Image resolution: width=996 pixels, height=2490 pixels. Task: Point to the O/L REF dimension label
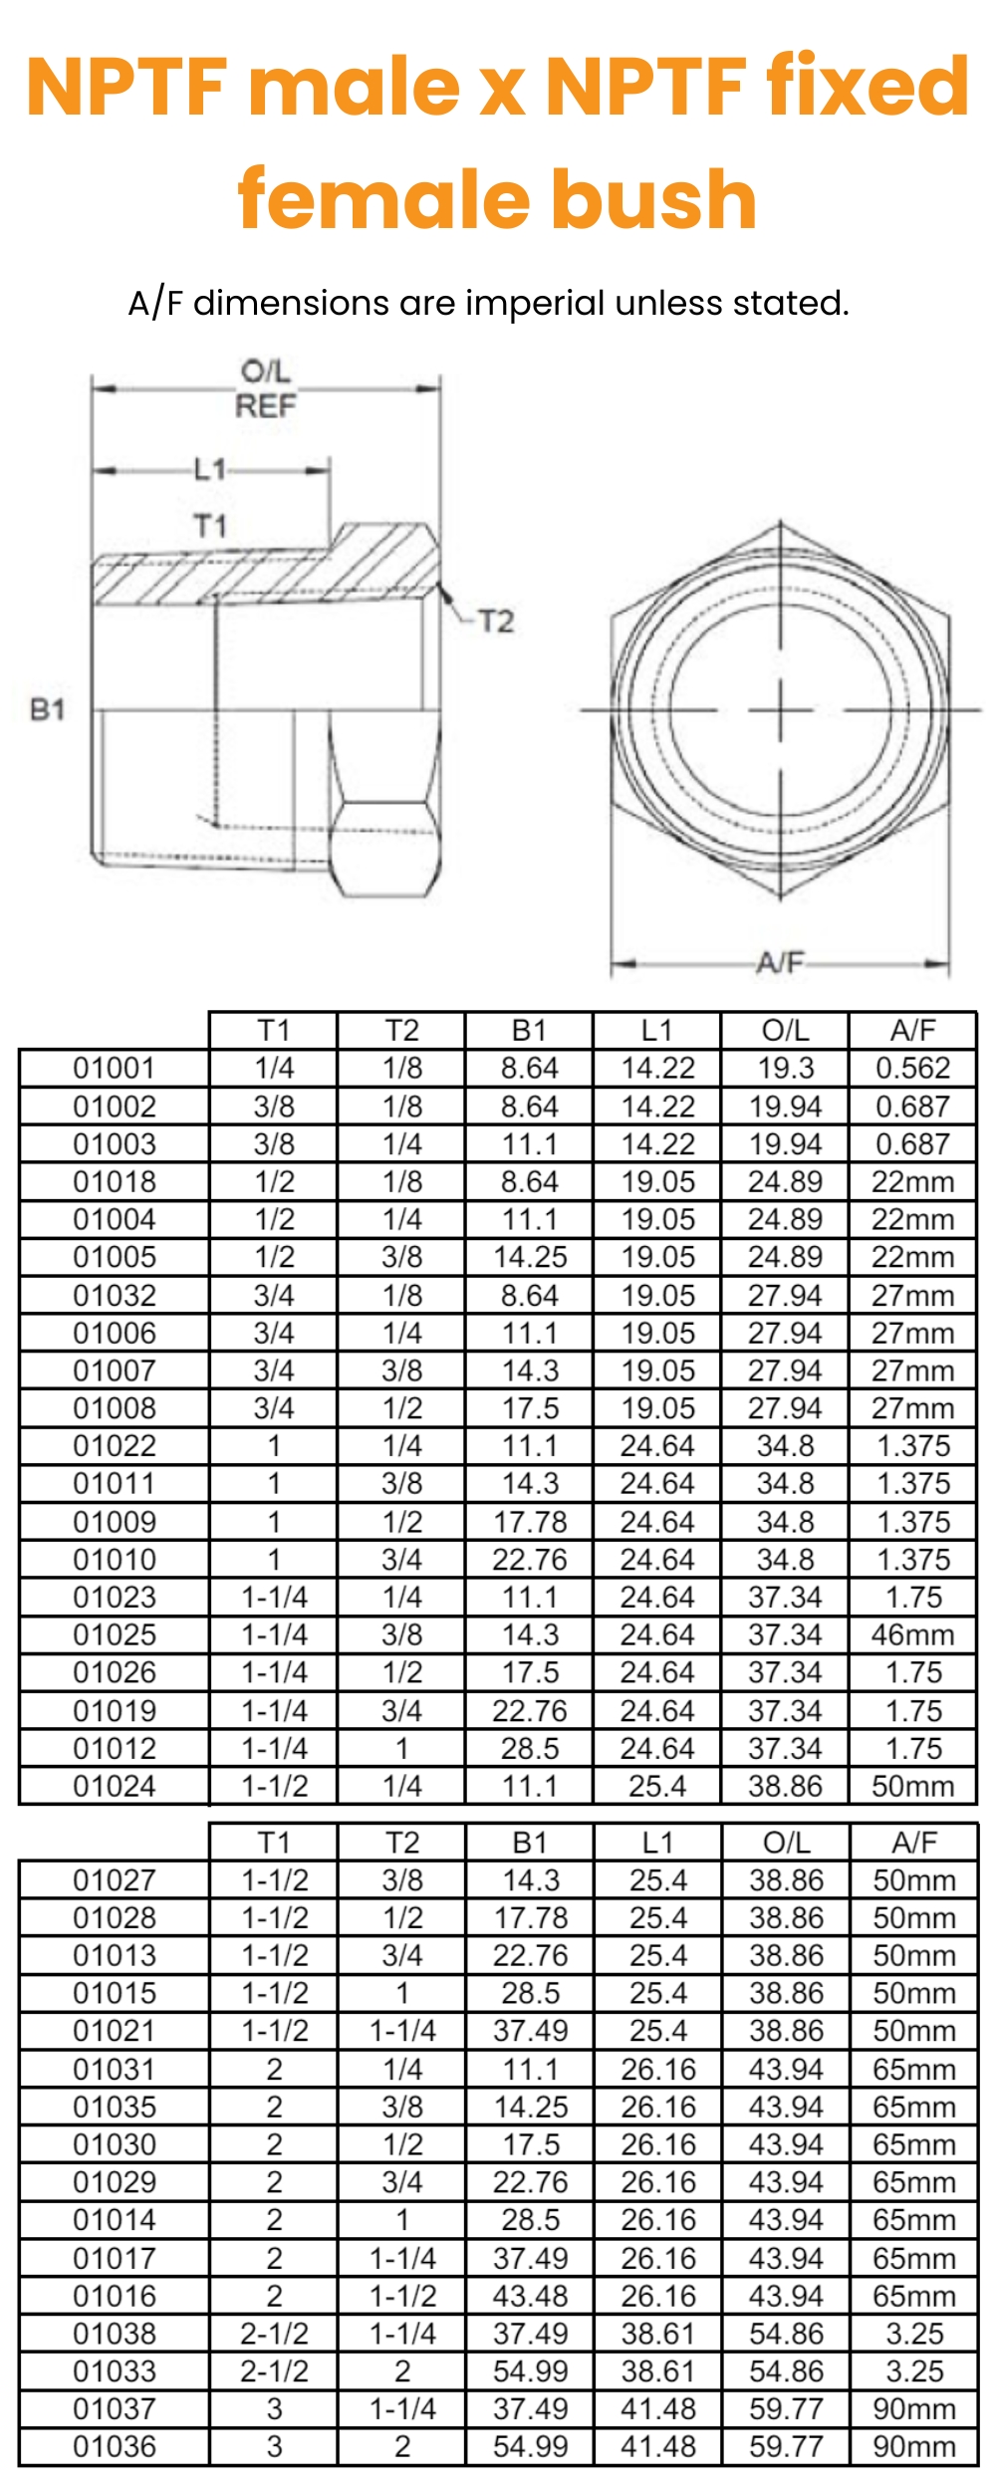coord(266,389)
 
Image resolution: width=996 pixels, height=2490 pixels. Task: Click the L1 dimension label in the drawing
coord(209,469)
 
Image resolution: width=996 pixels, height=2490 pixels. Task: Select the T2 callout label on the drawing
coord(495,622)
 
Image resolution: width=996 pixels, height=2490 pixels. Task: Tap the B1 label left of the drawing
coord(47,709)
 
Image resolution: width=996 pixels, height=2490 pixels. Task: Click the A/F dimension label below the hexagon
coord(779,962)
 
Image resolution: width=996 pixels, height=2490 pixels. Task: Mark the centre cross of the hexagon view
coord(780,710)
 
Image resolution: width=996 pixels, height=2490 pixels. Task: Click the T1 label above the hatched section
coord(210,525)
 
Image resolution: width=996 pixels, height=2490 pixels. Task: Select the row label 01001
coord(115,1069)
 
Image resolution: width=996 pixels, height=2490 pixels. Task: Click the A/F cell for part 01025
coord(912,1635)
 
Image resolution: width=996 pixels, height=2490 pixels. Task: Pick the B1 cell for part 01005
coord(530,1257)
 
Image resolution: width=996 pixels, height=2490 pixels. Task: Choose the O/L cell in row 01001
coord(785,1069)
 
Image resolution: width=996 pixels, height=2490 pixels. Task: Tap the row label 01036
coord(115,2446)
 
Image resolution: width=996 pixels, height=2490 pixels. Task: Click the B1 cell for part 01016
coord(530,2296)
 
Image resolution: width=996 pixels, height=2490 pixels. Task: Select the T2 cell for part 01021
coord(402,2031)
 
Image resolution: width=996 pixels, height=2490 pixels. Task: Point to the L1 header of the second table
coord(657,1843)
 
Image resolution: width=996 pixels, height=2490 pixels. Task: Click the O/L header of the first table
coord(785,1031)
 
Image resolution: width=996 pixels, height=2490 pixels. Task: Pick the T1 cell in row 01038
coord(274,2334)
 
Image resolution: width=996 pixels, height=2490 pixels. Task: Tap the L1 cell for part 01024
coord(657,1786)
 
